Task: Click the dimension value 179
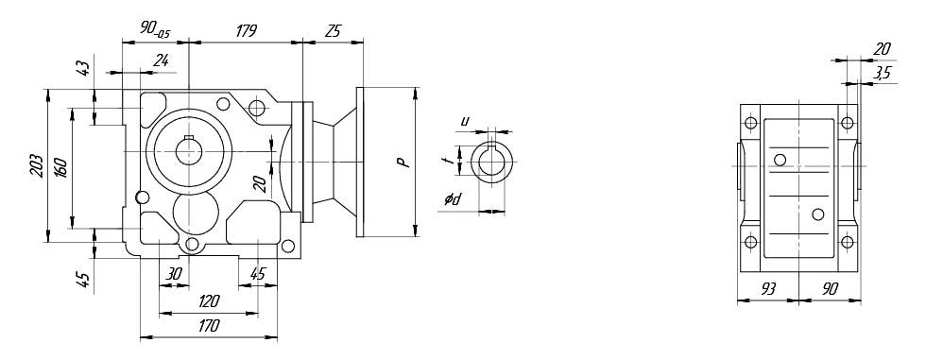tap(246, 31)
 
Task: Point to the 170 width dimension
tap(209, 325)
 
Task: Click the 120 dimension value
tap(209, 301)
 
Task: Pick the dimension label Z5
tap(333, 32)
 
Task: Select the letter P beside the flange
tap(404, 163)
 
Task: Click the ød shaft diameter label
tap(453, 200)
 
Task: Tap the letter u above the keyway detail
tap(465, 122)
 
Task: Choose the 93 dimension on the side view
tap(767, 288)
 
